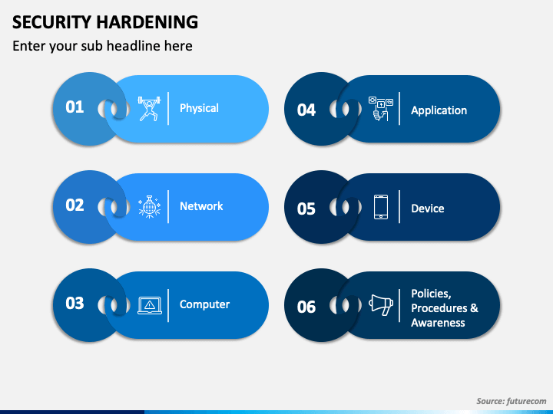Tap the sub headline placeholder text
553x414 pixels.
102,46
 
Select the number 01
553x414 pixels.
75,107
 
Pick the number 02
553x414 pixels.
75,205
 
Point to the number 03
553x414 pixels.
75,304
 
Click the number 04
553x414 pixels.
306,110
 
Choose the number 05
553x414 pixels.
306,209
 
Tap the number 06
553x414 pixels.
306,307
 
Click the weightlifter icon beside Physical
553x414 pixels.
149,108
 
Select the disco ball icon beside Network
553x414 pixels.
149,206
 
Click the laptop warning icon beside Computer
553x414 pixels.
149,305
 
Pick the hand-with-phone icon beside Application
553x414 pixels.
381,109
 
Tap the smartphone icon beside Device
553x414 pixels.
381,207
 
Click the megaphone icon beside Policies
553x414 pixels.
381,305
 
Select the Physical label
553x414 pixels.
199,108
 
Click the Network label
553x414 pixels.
201,206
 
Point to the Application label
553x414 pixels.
439,110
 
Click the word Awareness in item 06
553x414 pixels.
438,323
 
